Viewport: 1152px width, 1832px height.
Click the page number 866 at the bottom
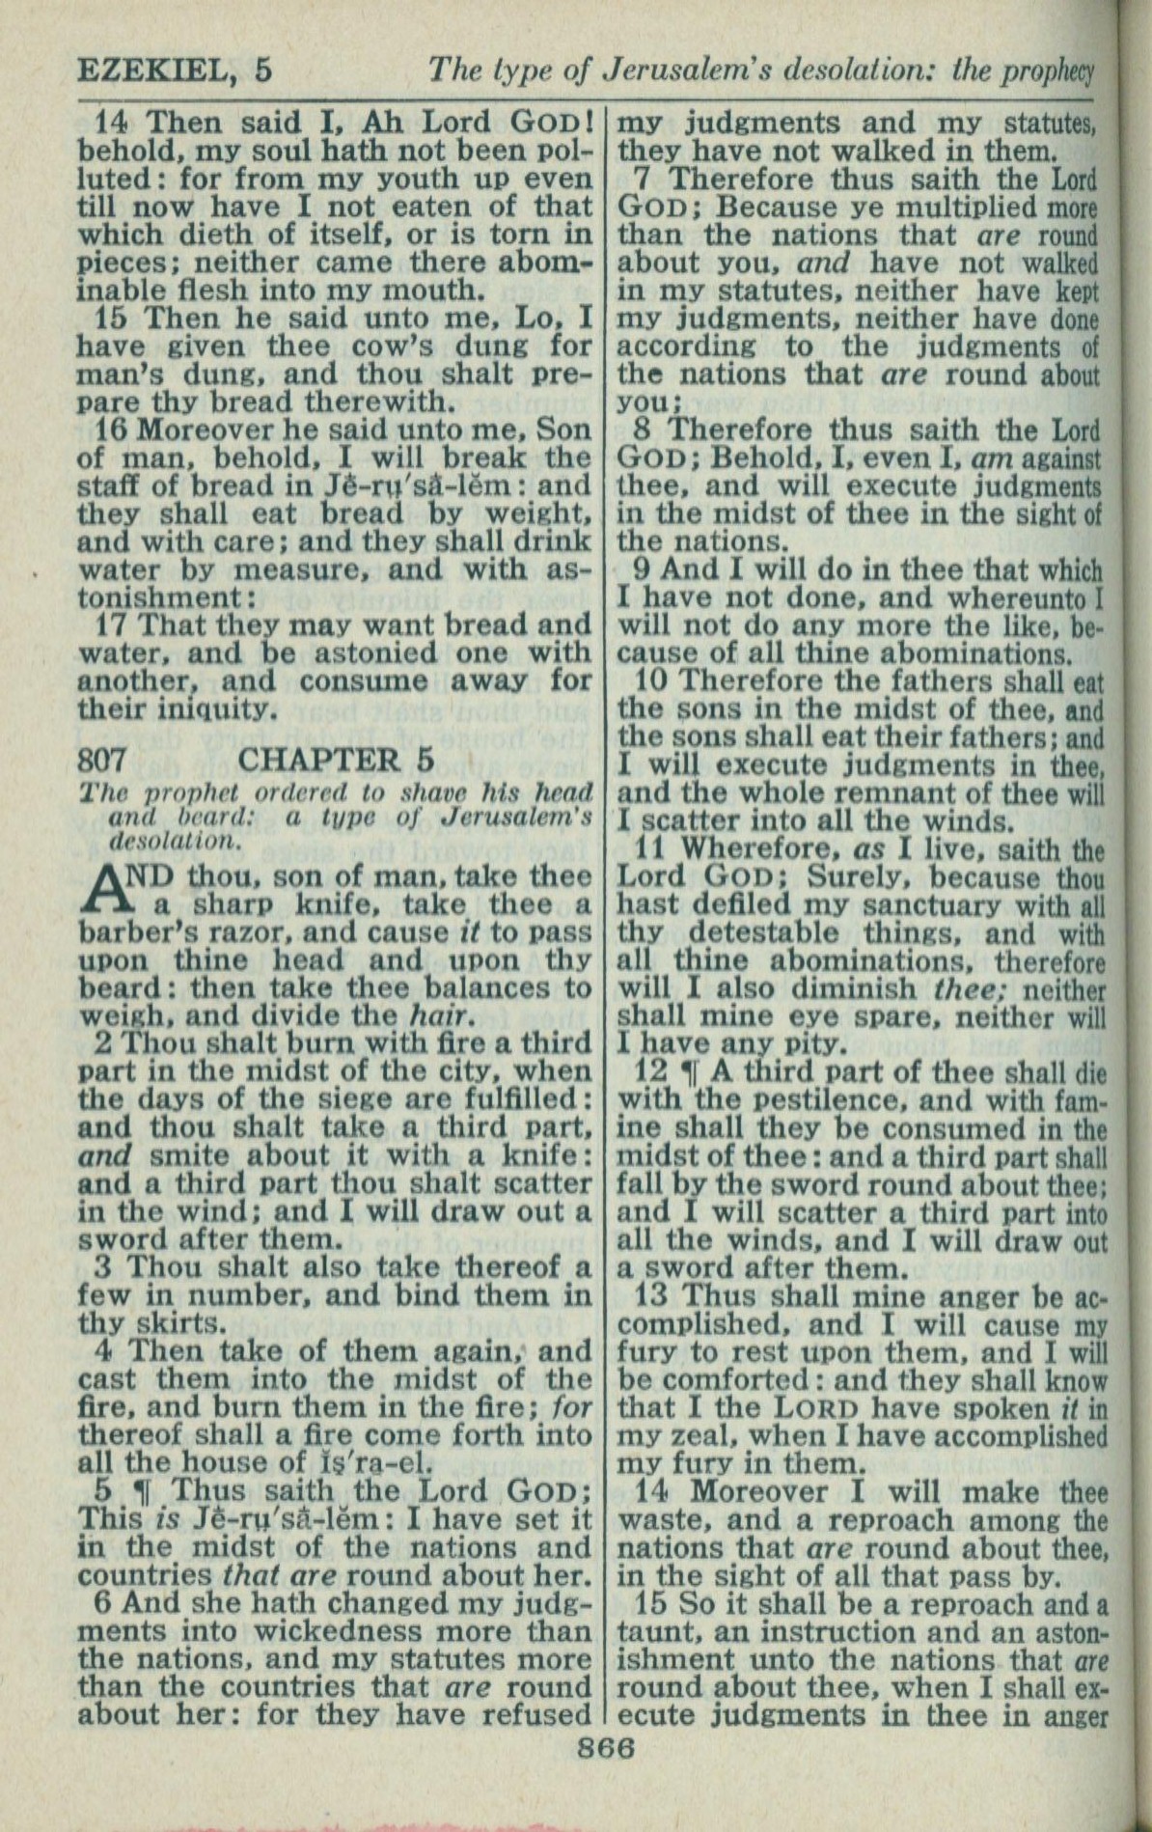point(605,1748)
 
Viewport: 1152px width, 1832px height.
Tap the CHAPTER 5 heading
point(336,760)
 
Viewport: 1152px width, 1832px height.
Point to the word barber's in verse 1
point(138,933)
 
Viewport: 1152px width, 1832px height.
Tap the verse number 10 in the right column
point(655,681)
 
